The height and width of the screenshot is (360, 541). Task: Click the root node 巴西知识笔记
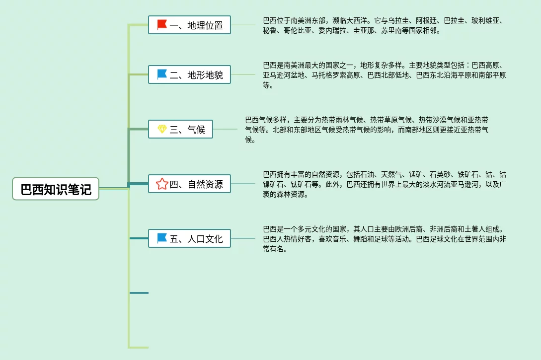[56, 189]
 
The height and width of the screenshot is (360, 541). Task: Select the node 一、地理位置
[190, 25]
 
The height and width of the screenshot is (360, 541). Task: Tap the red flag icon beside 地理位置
[162, 24]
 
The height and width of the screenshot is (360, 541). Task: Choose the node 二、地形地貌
[190, 75]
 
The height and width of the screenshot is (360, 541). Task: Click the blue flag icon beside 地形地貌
[162, 74]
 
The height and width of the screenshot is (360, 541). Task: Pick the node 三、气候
[181, 129]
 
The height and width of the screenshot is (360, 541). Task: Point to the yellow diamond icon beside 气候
[162, 129]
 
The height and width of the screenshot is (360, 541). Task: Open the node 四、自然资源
[190, 184]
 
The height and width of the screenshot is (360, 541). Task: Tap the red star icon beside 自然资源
[162, 184]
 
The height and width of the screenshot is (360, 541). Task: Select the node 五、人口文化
[190, 238]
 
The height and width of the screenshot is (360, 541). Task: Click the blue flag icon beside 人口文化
[162, 238]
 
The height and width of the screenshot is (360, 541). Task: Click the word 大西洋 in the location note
[358, 21]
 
